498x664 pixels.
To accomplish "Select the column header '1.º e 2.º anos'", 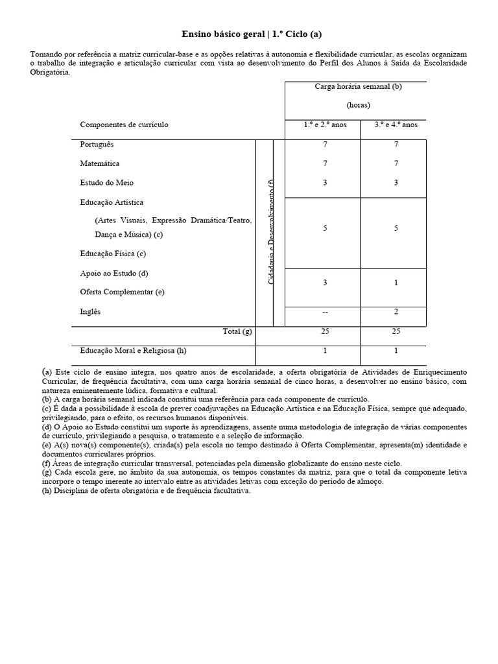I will (x=325, y=124).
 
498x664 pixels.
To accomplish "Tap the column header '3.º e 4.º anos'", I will (x=396, y=124).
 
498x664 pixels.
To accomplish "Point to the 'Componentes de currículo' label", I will (x=124, y=124).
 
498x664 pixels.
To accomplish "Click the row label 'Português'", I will (x=97, y=145).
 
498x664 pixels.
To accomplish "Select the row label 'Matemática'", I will (x=100, y=163).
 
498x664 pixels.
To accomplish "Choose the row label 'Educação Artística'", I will (x=112, y=202).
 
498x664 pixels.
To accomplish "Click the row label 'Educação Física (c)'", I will (x=113, y=254).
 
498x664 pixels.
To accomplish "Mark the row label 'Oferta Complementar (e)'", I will (x=122, y=292).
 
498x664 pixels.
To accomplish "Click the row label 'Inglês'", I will (x=91, y=311).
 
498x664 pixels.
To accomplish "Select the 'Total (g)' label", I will (x=237, y=331).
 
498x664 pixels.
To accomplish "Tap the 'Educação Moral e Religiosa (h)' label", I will (x=133, y=351).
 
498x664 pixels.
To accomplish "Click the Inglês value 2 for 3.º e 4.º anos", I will (x=396, y=312).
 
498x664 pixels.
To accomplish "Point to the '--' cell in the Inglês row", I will (x=325, y=312).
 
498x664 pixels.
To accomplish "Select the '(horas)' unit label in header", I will (x=358, y=105).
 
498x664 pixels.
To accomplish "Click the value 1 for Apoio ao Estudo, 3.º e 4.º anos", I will (x=396, y=283).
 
